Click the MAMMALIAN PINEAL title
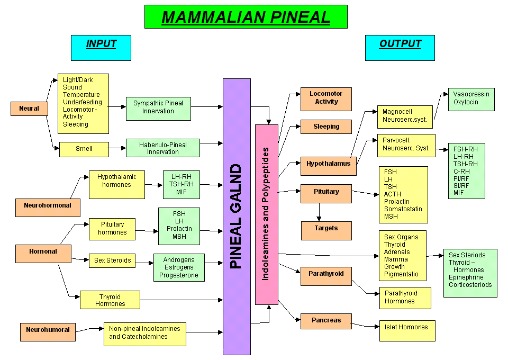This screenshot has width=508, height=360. click(246, 16)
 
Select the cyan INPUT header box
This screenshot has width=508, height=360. click(101, 48)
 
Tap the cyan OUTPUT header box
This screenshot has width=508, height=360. click(400, 48)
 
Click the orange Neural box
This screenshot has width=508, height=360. click(29, 109)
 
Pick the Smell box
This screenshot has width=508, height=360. click(84, 149)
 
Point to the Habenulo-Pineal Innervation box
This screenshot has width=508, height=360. click(163, 148)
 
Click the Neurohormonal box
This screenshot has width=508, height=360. click(48, 205)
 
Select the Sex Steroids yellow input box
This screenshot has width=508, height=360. click(112, 260)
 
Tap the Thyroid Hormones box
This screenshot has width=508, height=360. click(110, 300)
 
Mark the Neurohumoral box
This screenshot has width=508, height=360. click(48, 330)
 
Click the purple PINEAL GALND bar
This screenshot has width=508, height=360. click(237, 217)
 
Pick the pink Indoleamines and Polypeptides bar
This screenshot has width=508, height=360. click(266, 214)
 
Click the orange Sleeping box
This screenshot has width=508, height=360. click(326, 127)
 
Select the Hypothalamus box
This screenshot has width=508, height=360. click(328, 164)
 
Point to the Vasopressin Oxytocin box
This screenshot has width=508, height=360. click(471, 99)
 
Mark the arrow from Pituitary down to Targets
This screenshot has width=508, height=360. click(319, 212)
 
